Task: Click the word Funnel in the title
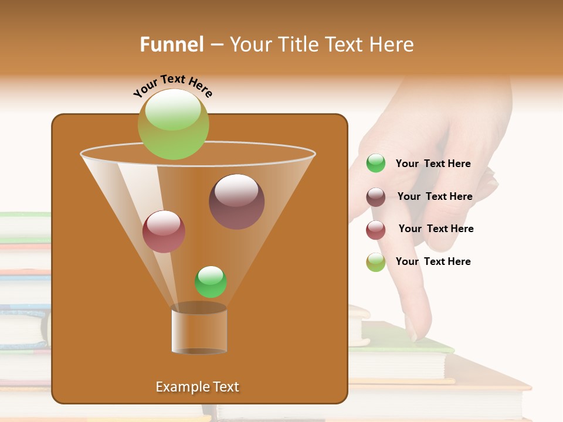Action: click(172, 45)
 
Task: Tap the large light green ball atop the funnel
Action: click(173, 124)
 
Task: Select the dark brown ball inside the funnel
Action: click(237, 202)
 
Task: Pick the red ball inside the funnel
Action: click(164, 232)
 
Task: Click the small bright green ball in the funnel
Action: click(211, 282)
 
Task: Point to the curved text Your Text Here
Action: click(172, 86)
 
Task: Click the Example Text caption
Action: click(197, 387)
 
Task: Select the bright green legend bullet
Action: click(376, 164)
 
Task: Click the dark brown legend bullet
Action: click(376, 196)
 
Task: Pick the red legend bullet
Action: click(376, 229)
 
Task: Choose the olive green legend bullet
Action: click(376, 262)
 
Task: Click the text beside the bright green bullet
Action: click(433, 164)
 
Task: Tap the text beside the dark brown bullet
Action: click(435, 197)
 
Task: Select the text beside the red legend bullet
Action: click(436, 229)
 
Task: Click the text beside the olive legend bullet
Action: click(433, 262)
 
